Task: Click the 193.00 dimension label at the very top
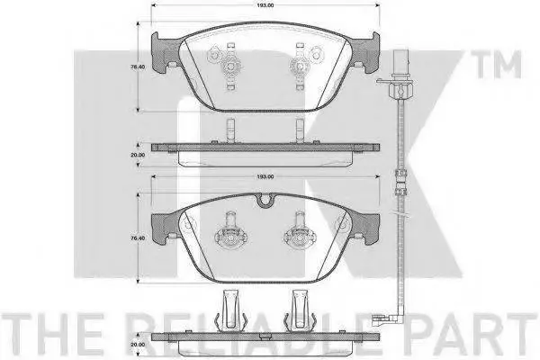[x=265, y=5]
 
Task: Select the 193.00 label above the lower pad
[x=265, y=176]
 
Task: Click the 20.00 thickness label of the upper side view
[x=138, y=155]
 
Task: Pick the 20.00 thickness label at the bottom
[x=138, y=344]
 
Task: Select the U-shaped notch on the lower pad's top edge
[x=265, y=201]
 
